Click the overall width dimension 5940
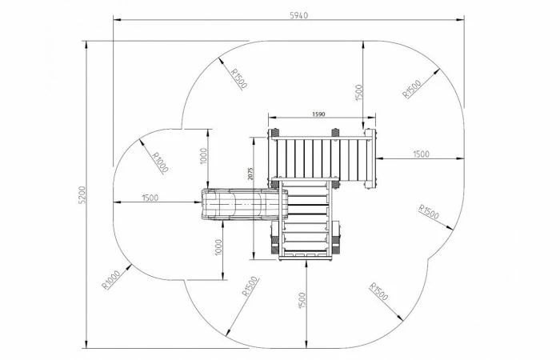[x=298, y=15]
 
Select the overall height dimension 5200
[x=82, y=195]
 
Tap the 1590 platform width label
[x=318, y=114]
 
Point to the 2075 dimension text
[x=250, y=174]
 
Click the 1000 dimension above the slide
[x=203, y=156]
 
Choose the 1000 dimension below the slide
[x=218, y=247]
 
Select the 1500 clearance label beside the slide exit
[x=150, y=198]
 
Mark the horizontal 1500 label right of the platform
[x=421, y=154]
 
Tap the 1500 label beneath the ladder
[x=302, y=301]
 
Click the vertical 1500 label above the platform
[x=359, y=93]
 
